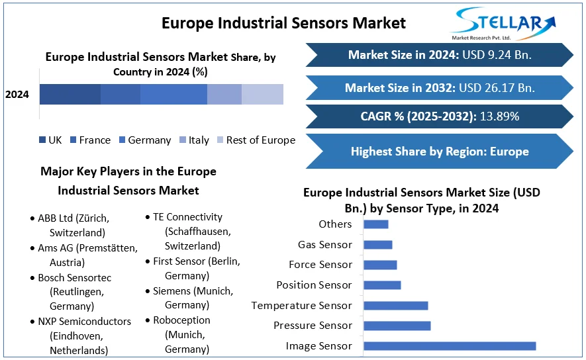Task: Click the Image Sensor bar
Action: point(449,345)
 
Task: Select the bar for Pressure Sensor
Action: point(397,326)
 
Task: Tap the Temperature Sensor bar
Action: point(395,306)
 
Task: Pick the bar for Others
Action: point(375,224)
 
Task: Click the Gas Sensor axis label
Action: point(324,245)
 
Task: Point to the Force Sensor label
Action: point(320,265)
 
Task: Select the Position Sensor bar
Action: point(382,285)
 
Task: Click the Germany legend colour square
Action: point(122,140)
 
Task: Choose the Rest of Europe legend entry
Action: point(260,140)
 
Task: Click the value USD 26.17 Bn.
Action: point(497,87)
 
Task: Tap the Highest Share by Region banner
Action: point(440,152)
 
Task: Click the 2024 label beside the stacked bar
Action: point(17,95)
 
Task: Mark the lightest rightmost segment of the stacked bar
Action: point(262,95)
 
